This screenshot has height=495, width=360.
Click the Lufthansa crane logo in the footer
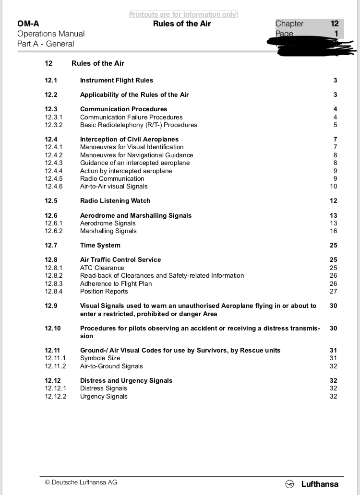[289, 484]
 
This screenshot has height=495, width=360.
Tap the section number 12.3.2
[54, 125]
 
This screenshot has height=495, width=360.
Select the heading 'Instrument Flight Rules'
[117, 81]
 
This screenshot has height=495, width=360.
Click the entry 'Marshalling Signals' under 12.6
[108, 231]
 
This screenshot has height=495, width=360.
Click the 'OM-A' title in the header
[28, 24]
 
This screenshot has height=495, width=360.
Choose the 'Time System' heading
[100, 246]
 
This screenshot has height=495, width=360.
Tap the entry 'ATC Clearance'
[102, 268]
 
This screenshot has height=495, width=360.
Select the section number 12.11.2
[56, 366]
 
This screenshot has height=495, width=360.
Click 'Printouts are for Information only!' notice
[183, 14]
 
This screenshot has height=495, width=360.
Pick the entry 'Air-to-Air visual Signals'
[114, 187]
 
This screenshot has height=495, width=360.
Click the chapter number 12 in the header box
[334, 24]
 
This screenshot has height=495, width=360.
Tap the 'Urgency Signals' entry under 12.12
[104, 397]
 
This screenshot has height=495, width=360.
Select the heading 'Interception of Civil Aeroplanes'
[129, 140]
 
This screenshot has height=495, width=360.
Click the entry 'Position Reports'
[104, 292]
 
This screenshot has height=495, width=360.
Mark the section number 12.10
[53, 329]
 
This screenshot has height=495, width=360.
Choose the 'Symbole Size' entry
[100, 358]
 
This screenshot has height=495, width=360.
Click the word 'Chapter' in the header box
[289, 24]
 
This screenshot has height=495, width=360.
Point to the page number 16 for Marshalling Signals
[333, 231]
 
